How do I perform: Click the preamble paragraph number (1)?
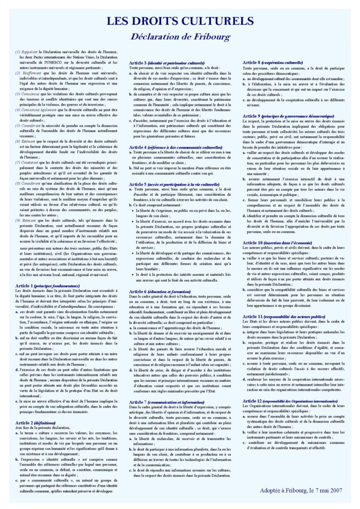[x=17, y=52]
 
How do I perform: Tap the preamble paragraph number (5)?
[x=17, y=125]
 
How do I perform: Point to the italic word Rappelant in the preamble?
[x=29, y=52]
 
